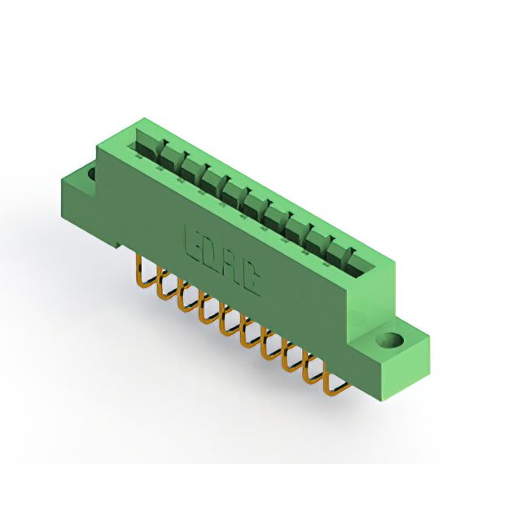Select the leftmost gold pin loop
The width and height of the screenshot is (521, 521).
144,273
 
